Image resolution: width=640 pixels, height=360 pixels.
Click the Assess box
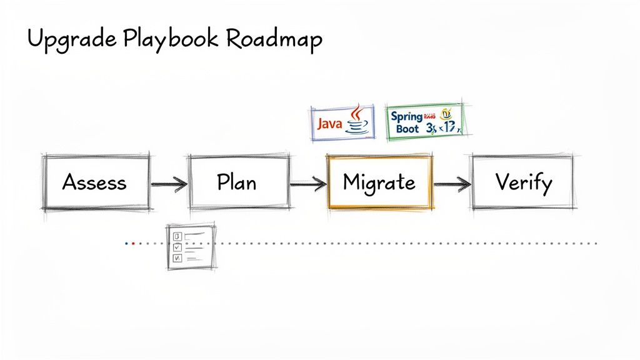tap(95, 182)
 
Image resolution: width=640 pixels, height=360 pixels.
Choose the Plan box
tap(238, 182)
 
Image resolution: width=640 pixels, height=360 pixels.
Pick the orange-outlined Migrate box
tap(379, 182)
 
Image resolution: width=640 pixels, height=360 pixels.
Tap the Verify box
tap(523, 182)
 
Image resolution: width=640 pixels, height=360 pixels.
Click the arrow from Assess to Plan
tap(169, 184)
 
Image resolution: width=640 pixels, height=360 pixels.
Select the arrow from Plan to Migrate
tap(308, 184)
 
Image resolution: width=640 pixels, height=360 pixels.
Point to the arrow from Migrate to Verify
tap(452, 184)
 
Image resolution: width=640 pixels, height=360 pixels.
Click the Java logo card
tap(342, 122)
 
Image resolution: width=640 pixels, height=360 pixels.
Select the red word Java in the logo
tap(329, 124)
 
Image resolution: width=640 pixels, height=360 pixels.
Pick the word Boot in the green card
tap(407, 129)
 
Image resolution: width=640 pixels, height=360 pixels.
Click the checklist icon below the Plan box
tap(190, 246)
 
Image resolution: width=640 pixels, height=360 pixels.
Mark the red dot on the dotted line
tap(133, 243)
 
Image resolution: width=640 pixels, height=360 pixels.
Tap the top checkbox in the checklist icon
tap(177, 236)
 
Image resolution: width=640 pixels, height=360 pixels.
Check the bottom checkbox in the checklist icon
tap(177, 257)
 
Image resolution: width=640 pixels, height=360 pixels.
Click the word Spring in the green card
tap(406, 116)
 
